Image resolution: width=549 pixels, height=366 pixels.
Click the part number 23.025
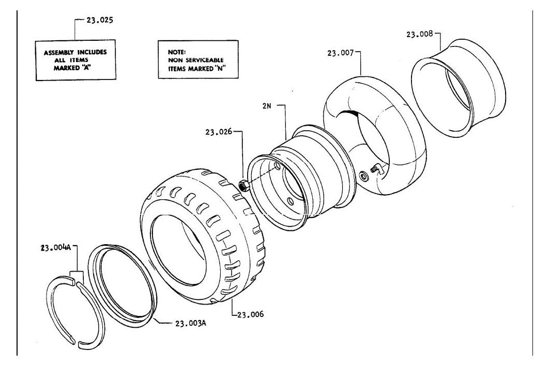point(100,20)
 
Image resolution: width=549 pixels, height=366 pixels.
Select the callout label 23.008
point(419,34)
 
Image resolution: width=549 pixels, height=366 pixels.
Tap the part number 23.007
point(341,53)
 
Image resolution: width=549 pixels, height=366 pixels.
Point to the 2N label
point(267,105)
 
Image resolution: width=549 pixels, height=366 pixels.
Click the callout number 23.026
point(219,132)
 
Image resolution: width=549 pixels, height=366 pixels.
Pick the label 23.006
point(251,314)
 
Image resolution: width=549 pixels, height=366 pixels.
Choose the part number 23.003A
point(190,323)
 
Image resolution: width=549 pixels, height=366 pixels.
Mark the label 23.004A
point(56,248)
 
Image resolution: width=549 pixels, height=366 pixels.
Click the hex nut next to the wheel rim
point(243,185)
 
